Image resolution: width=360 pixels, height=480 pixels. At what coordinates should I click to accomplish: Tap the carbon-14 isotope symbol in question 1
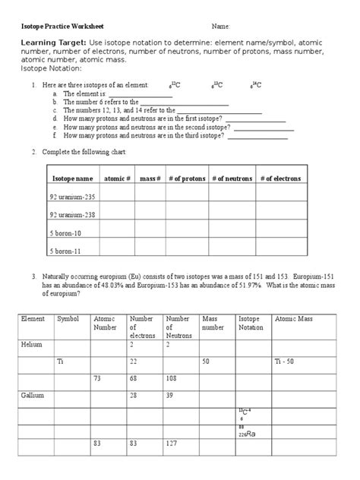[x=257, y=85]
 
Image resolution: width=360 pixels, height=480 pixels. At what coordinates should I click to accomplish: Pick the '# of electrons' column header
[x=280, y=178]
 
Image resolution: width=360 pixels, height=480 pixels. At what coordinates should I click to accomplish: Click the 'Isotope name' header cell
[x=72, y=178]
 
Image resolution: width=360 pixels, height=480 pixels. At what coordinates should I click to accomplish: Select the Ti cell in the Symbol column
[x=61, y=362]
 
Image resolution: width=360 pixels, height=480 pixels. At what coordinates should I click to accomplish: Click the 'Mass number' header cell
[x=213, y=324]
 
